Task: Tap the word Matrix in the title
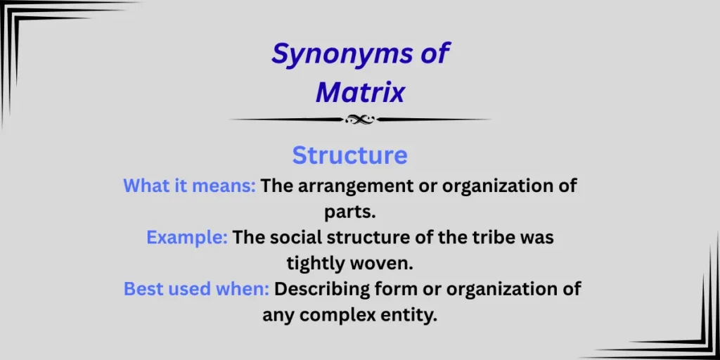360,92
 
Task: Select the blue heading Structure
349,155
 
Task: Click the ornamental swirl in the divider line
359,120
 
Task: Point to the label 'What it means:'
189,186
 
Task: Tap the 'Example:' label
186,238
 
